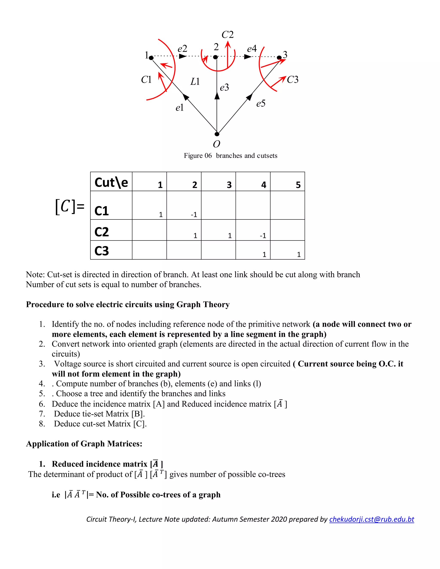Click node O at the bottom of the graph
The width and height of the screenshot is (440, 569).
[x=217, y=134]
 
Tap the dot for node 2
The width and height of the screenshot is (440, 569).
[x=215, y=57]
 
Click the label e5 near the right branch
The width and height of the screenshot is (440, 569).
[x=261, y=104]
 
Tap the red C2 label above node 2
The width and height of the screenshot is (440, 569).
[x=227, y=35]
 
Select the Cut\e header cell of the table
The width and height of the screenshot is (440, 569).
[x=111, y=182]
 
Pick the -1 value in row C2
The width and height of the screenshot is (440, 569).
[x=263, y=236]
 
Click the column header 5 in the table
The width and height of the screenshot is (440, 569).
[x=298, y=185]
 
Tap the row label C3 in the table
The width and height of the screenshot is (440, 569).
[x=101, y=251]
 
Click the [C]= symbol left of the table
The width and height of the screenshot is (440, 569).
[x=70, y=207]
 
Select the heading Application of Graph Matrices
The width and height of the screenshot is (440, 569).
[x=84, y=444]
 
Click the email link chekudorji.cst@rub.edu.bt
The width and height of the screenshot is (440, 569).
[x=371, y=519]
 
